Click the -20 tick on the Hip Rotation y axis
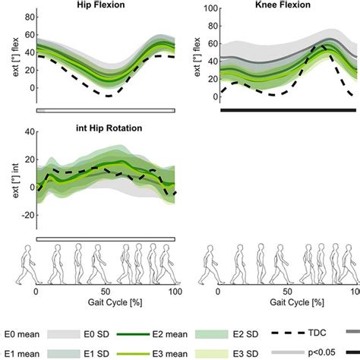[x=26, y=215]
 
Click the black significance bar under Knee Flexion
[x=288, y=110]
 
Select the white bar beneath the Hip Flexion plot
[x=106, y=110]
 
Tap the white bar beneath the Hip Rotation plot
[x=106, y=238]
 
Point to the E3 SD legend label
[x=238, y=352]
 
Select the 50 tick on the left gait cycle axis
[x=106, y=291]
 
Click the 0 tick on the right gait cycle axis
[x=218, y=291]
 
